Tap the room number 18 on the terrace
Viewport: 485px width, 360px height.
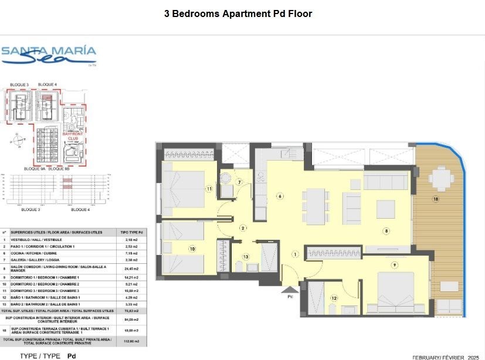(435, 199)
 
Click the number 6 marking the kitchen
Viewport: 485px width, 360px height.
(280, 196)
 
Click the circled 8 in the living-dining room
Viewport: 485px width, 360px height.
(386, 231)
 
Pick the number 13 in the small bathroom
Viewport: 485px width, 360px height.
(246, 257)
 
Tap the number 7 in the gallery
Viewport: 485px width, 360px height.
(240, 182)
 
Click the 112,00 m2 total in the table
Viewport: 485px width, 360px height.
(132, 340)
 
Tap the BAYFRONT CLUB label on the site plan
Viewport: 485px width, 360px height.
(73, 137)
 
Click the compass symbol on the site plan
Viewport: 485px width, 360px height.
(19, 141)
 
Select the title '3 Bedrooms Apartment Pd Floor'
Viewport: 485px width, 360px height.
(238, 13)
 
